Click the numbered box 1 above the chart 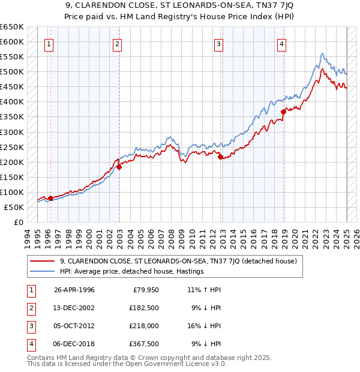click(48, 43)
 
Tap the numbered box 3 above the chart click(219, 43)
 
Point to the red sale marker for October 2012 click(221, 157)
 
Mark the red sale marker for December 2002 click(119, 167)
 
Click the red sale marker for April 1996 click(50, 198)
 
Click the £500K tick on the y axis click(12, 72)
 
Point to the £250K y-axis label click(12, 147)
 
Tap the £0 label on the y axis click(18, 222)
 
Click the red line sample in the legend click(42, 261)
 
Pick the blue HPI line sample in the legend click(42, 271)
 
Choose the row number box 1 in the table click(30, 290)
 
